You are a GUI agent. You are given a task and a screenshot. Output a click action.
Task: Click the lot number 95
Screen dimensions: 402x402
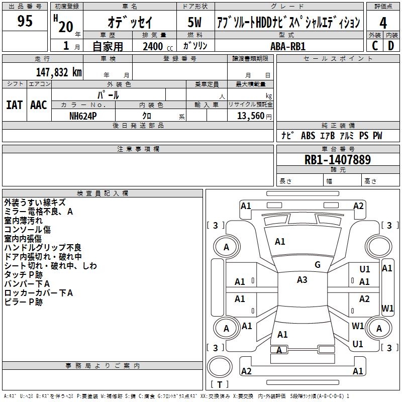[25, 21]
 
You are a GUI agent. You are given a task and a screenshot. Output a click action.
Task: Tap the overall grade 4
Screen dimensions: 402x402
[383, 23]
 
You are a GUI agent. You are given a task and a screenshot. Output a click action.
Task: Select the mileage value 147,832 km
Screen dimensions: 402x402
[59, 72]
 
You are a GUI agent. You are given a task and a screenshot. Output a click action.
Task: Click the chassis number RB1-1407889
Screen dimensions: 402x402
[338, 160]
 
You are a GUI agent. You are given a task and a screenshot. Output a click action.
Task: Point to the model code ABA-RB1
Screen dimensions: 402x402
[288, 46]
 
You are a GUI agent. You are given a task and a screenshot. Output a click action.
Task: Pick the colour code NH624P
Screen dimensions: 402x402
[83, 116]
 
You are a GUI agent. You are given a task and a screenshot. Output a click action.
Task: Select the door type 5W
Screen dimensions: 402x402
[194, 22]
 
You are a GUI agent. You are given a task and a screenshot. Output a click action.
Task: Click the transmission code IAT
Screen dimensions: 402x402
[15, 105]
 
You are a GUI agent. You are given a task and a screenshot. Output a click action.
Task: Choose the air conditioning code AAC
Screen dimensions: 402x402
[39, 105]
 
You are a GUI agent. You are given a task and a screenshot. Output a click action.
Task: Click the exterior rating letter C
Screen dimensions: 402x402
[375, 46]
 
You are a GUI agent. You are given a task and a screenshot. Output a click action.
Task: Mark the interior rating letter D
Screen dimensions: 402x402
[391, 46]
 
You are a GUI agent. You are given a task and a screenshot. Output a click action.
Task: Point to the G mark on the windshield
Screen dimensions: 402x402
[318, 265]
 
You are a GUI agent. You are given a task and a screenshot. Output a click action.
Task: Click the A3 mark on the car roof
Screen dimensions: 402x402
[302, 280]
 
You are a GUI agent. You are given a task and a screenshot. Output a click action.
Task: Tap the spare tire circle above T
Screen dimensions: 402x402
[220, 367]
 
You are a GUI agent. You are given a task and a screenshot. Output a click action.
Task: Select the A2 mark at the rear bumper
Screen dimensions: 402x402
[246, 371]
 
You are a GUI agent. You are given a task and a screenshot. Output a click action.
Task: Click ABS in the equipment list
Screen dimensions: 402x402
[308, 136]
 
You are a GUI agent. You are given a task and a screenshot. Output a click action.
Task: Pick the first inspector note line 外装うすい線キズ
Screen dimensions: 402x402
[35, 203]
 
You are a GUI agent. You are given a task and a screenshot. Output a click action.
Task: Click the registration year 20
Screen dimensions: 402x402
[66, 27]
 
